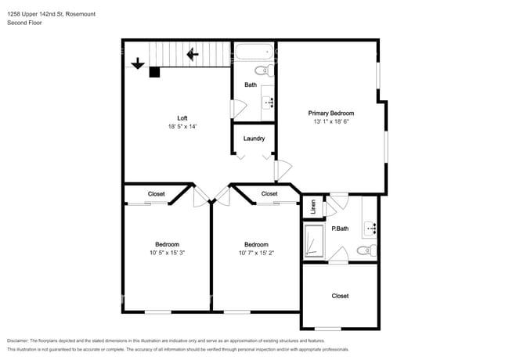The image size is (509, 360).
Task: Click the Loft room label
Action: (x=182, y=118)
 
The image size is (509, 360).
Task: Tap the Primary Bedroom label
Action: (x=330, y=113)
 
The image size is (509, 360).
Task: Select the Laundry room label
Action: (x=254, y=139)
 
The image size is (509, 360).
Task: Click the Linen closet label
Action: (x=313, y=207)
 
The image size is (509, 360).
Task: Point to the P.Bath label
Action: (x=340, y=229)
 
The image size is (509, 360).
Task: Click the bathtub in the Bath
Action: (x=254, y=52)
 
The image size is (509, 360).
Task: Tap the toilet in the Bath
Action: (x=265, y=70)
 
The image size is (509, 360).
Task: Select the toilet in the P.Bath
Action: (x=366, y=250)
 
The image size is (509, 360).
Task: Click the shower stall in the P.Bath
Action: (x=314, y=242)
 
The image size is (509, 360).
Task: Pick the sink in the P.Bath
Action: (x=370, y=229)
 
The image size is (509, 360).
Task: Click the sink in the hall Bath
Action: (x=268, y=103)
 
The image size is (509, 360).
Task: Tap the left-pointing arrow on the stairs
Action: (x=193, y=55)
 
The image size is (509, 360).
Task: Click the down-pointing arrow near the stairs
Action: (x=138, y=63)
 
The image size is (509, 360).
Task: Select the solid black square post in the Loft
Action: (x=154, y=72)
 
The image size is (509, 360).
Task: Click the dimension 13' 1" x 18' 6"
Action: (x=330, y=121)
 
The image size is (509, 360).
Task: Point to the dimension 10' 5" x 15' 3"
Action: (x=167, y=253)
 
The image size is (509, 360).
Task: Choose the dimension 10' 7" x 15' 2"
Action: (x=256, y=253)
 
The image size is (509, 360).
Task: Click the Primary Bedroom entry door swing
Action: (x=283, y=170)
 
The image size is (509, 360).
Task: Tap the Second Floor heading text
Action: (x=24, y=23)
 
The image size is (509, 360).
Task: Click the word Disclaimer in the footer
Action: (x=17, y=341)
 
